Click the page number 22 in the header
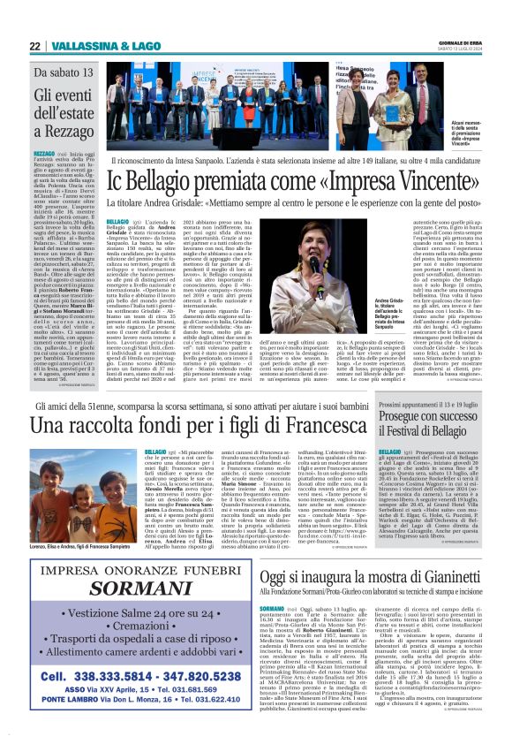point(34,47)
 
